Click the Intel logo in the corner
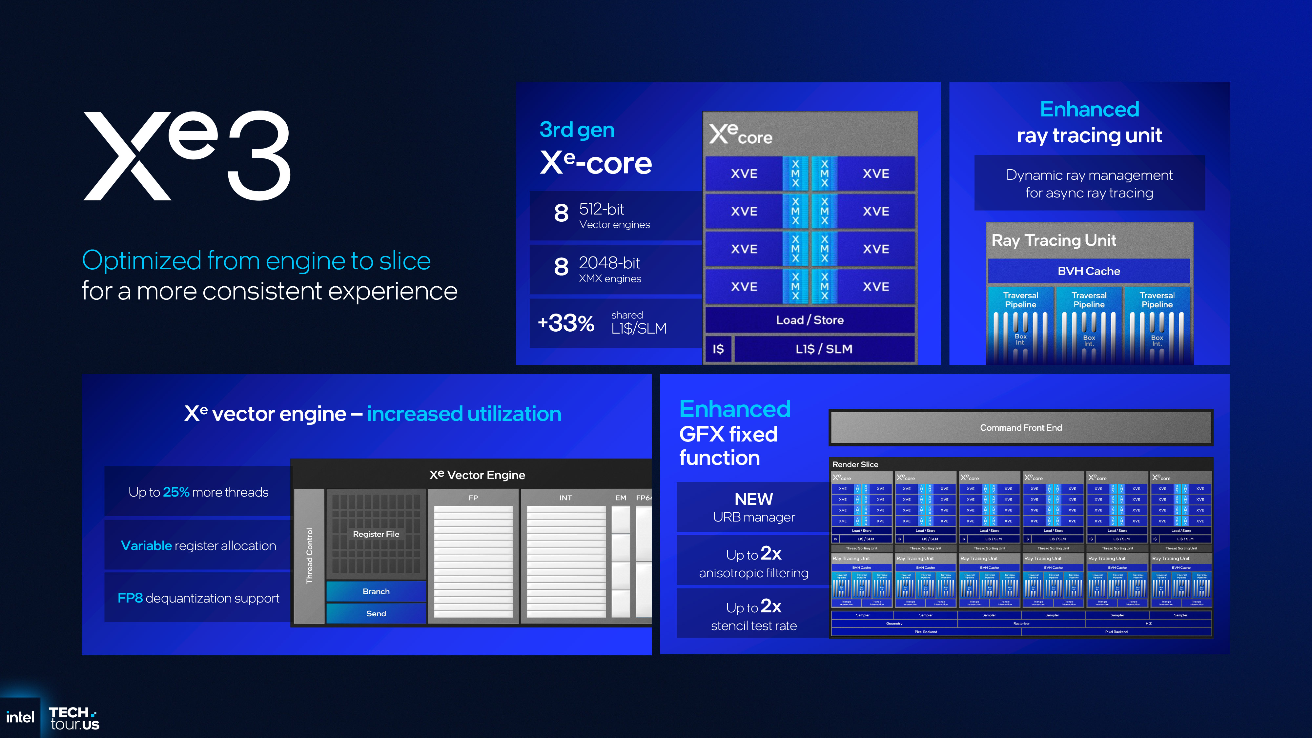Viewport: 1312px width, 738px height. click(20, 717)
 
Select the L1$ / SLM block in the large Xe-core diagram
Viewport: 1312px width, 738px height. click(824, 349)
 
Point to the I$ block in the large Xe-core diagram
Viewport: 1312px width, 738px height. click(718, 349)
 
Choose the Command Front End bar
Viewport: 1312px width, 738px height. click(1021, 428)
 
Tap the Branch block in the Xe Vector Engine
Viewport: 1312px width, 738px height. click(376, 591)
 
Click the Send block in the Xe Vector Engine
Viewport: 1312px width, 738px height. click(376, 614)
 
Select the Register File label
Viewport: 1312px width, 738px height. click(376, 534)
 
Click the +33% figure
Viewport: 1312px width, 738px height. click(566, 323)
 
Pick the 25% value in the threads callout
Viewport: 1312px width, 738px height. click(176, 492)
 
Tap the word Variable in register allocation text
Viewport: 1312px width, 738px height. click(146, 545)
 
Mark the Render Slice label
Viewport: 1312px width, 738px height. click(855, 464)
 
